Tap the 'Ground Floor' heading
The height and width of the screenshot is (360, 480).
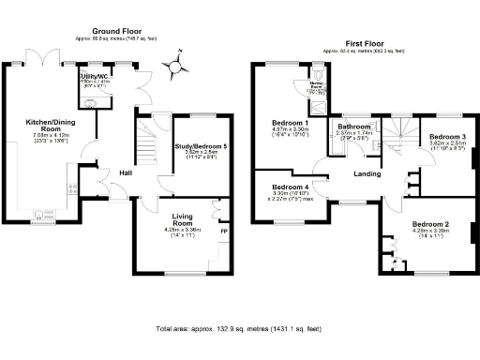pyautogui.click(x=115, y=30)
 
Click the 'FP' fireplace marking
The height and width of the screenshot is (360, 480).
pyautogui.click(x=223, y=231)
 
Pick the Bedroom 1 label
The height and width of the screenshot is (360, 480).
pyautogui.click(x=290, y=124)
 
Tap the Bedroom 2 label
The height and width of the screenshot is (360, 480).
pyautogui.click(x=430, y=225)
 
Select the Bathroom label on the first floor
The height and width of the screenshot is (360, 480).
pyautogui.click(x=355, y=127)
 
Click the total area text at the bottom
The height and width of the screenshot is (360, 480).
pyautogui.click(x=239, y=329)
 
